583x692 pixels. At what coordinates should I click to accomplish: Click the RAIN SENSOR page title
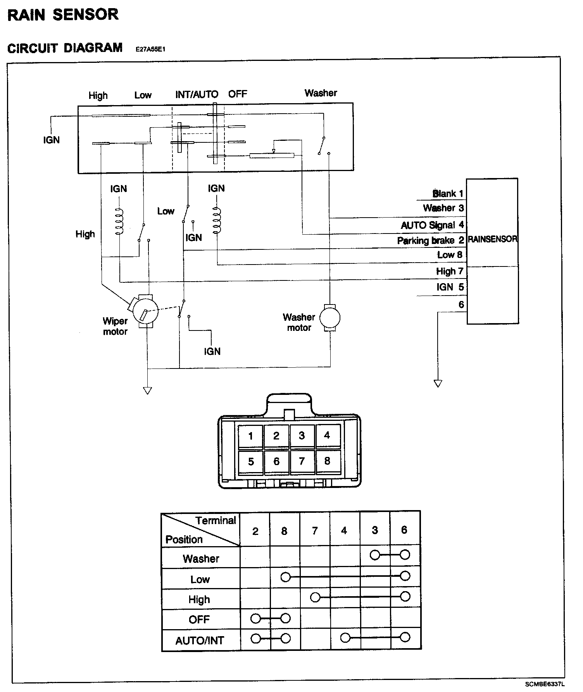pos(63,15)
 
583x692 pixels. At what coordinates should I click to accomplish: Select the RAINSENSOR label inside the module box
pos(492,239)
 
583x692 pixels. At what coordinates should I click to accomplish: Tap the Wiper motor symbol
pos(145,311)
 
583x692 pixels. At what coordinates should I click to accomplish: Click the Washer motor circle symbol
pos(330,318)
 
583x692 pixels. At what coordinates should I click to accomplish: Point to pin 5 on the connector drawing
pos(251,462)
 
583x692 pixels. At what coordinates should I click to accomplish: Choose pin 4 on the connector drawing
pos(327,436)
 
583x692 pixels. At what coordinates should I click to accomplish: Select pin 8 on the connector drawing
pos(327,461)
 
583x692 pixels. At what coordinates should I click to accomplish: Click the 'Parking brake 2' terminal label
pos(430,240)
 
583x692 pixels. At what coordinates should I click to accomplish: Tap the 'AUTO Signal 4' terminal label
pos(432,225)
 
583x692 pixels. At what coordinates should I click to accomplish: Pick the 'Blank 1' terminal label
pos(448,194)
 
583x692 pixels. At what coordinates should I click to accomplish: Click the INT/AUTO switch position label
pos(197,94)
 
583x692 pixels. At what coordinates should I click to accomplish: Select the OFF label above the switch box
pos(238,94)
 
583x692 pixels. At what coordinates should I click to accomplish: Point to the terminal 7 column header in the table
pos(315,530)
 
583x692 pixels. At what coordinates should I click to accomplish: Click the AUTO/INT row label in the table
pos(200,640)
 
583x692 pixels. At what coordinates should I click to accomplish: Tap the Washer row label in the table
pos(201,559)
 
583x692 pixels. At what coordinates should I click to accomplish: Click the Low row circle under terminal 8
pos(286,577)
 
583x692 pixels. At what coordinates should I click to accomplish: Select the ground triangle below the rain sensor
pos(438,384)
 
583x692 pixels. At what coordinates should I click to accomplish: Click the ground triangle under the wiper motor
pos(147,391)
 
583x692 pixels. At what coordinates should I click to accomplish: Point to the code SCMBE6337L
pos(545,684)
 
